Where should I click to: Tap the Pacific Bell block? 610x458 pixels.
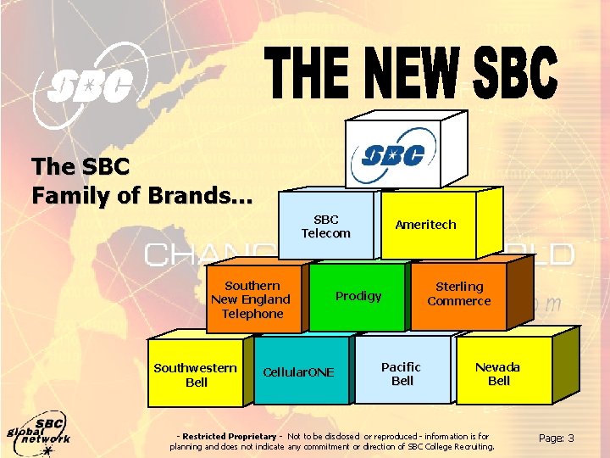click(x=402, y=373)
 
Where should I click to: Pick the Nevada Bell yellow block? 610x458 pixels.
click(x=498, y=373)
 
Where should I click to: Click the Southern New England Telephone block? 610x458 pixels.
click(x=251, y=299)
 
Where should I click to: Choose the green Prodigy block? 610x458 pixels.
click(x=358, y=296)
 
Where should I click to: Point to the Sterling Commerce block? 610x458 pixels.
click(x=458, y=293)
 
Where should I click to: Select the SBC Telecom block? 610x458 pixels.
click(x=326, y=226)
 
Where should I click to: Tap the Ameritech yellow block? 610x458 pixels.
click(x=425, y=225)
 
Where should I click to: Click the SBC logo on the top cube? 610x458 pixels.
click(x=394, y=155)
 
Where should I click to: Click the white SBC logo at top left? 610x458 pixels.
click(x=88, y=87)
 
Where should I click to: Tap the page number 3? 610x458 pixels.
click(x=571, y=438)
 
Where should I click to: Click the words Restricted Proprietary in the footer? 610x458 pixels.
click(x=225, y=436)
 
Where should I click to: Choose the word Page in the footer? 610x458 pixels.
click(x=551, y=438)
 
